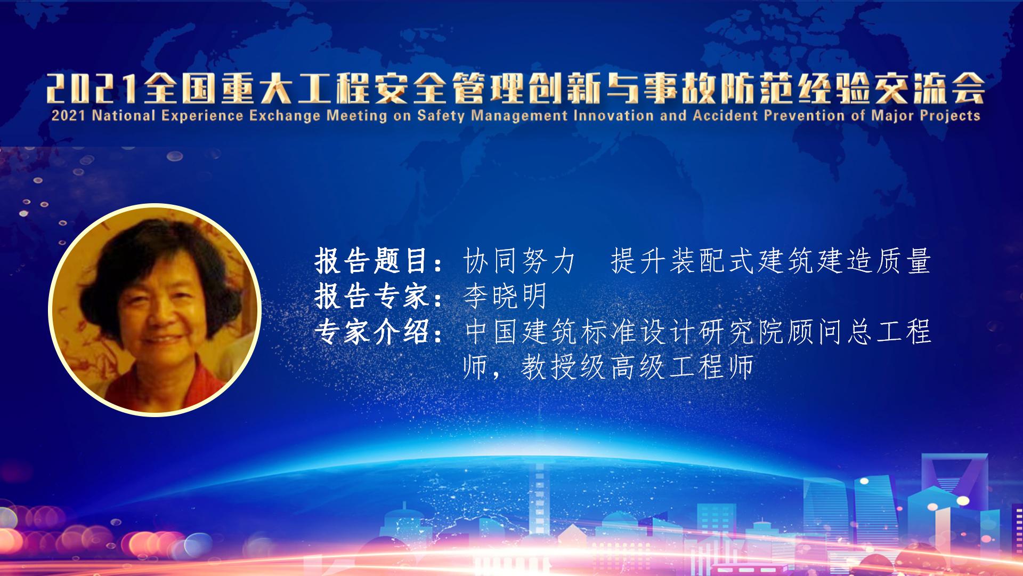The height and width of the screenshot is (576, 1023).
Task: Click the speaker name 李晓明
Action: (505, 296)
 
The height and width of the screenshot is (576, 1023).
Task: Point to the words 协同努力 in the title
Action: (519, 261)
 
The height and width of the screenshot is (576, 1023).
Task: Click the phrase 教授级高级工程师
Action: (637, 366)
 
